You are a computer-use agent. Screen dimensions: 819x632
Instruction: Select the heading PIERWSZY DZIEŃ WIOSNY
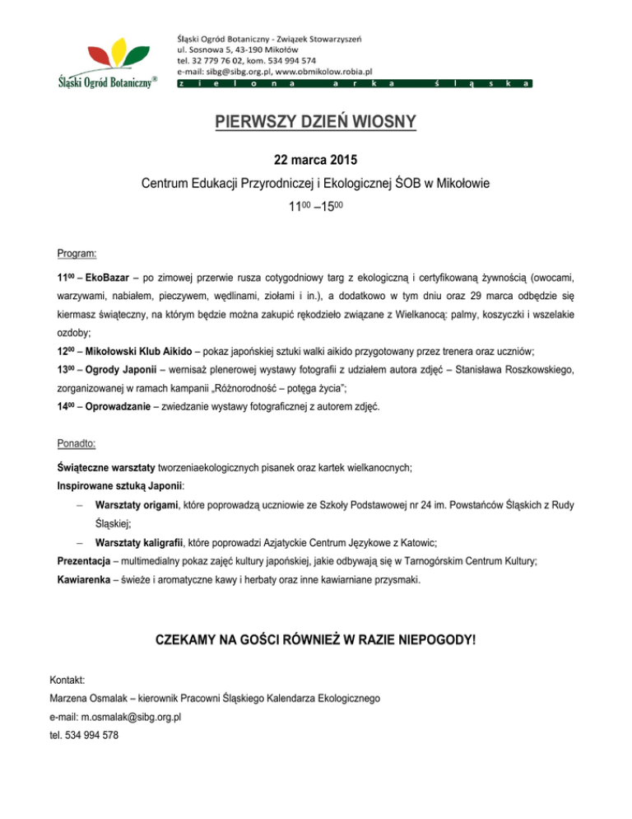(x=316, y=124)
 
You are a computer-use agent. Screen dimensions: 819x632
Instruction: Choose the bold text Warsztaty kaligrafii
(x=139, y=544)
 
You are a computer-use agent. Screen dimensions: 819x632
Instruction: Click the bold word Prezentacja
(x=80, y=561)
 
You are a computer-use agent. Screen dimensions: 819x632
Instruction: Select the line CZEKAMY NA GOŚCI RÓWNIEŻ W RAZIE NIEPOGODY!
(x=316, y=639)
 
